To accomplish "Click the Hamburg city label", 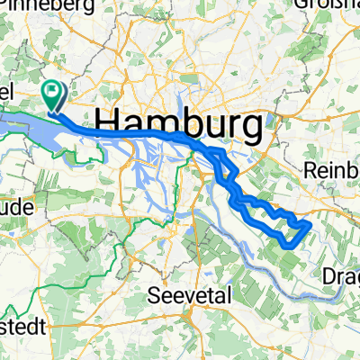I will click(181, 121).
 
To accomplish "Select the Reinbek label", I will click(332, 169).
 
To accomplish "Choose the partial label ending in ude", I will click(16, 207).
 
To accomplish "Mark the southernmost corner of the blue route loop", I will click(287, 246).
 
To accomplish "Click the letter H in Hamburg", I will click(107, 121).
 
